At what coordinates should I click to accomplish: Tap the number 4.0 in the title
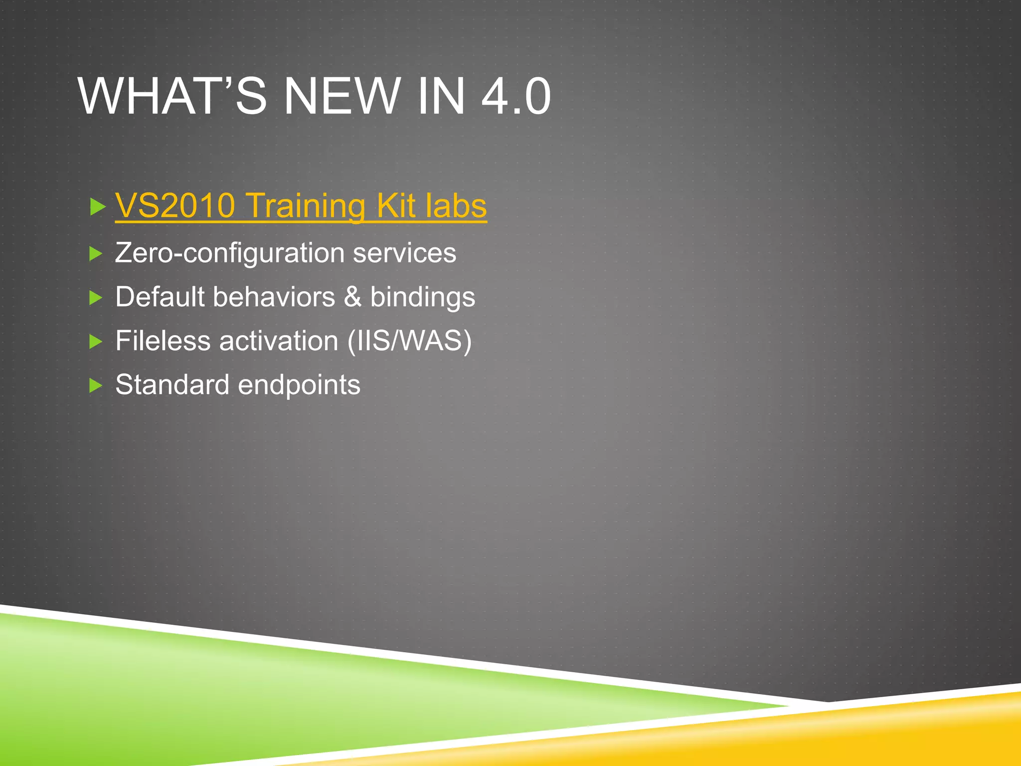[516, 96]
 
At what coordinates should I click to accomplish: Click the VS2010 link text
[175, 205]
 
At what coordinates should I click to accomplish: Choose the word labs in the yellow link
[456, 205]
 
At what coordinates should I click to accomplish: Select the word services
[404, 253]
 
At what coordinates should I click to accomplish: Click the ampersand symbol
[352, 297]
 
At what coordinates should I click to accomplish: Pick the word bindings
[423, 298]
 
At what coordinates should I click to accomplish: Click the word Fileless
[163, 341]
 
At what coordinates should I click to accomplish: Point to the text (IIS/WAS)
[409, 341]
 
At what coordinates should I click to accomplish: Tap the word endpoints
[299, 385]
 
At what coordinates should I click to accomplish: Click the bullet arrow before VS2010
[97, 206]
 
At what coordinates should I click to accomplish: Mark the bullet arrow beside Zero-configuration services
[96, 254]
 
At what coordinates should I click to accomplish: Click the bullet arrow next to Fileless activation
[96, 342]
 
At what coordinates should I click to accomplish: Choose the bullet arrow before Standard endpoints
[96, 385]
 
